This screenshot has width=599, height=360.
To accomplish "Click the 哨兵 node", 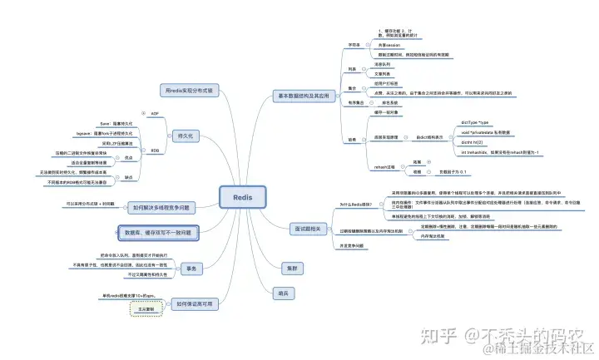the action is coord(285,292).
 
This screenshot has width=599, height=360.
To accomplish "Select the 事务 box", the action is coord(191,268).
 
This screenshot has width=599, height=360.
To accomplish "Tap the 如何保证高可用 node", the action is coord(192,304).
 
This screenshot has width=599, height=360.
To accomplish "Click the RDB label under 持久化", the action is coord(155,150).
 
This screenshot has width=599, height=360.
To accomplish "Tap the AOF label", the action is coord(154,113).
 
